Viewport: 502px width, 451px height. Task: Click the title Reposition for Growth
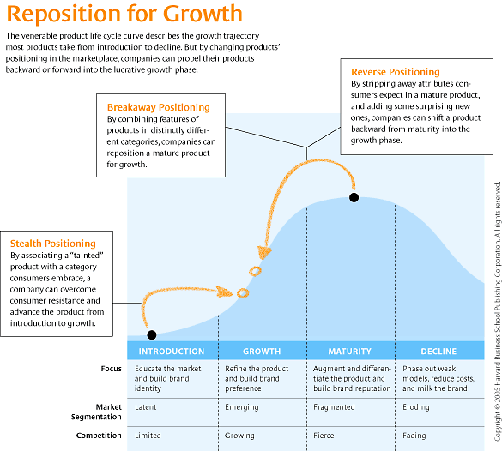coord(124,15)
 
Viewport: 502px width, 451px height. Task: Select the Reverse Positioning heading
coord(396,72)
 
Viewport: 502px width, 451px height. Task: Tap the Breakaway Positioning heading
coord(158,107)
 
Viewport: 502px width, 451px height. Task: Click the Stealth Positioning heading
coord(53,244)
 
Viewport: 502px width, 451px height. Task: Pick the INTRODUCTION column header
coord(172,352)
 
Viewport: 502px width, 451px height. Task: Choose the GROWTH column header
coord(263,352)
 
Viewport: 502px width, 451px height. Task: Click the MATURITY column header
coord(350,352)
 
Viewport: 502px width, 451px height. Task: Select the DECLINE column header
coord(438,352)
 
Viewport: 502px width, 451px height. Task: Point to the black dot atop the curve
coord(354,198)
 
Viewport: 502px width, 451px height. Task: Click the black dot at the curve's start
coord(151,334)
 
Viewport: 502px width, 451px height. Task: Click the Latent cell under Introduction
coord(146,407)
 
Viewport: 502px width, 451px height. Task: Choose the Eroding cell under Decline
coord(416,407)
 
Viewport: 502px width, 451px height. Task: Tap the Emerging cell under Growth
coord(241,407)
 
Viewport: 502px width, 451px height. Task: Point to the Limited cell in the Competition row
coord(148,436)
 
